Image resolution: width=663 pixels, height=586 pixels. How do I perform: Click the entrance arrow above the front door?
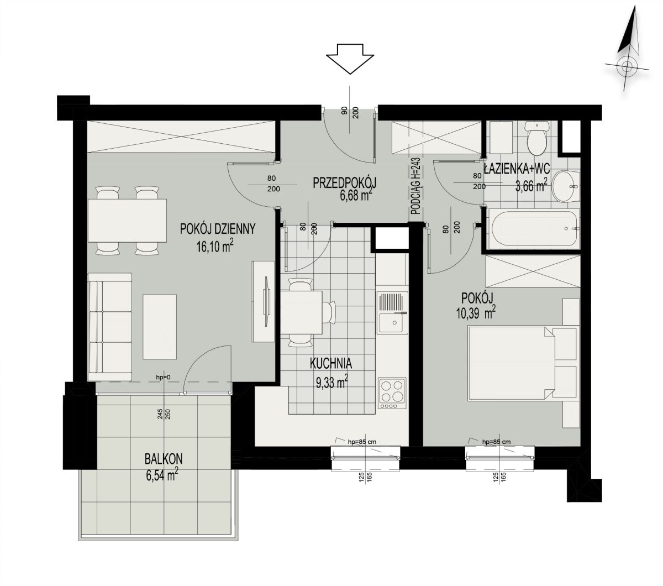click(350, 59)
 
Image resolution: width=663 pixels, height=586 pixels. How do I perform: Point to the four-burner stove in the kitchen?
click(392, 393)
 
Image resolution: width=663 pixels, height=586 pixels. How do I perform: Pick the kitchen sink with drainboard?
click(392, 313)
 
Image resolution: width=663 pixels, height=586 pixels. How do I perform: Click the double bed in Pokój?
click(512, 363)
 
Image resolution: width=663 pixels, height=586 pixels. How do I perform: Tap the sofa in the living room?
click(110, 328)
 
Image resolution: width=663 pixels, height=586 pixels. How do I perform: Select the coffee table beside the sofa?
click(160, 327)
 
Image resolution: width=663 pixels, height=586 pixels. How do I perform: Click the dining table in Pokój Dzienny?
click(127, 221)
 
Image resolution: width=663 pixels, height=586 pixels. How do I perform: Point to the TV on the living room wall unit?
click(266, 301)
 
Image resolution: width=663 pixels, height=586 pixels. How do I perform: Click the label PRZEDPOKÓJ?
click(344, 183)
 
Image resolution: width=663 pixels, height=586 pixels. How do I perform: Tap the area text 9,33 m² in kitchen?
click(331, 382)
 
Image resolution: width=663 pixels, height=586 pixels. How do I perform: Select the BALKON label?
click(164, 459)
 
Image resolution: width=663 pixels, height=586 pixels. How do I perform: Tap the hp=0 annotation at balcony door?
click(164, 377)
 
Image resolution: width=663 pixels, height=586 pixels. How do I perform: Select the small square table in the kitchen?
click(302, 312)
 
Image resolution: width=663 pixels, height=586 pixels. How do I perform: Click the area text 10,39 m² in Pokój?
click(476, 313)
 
